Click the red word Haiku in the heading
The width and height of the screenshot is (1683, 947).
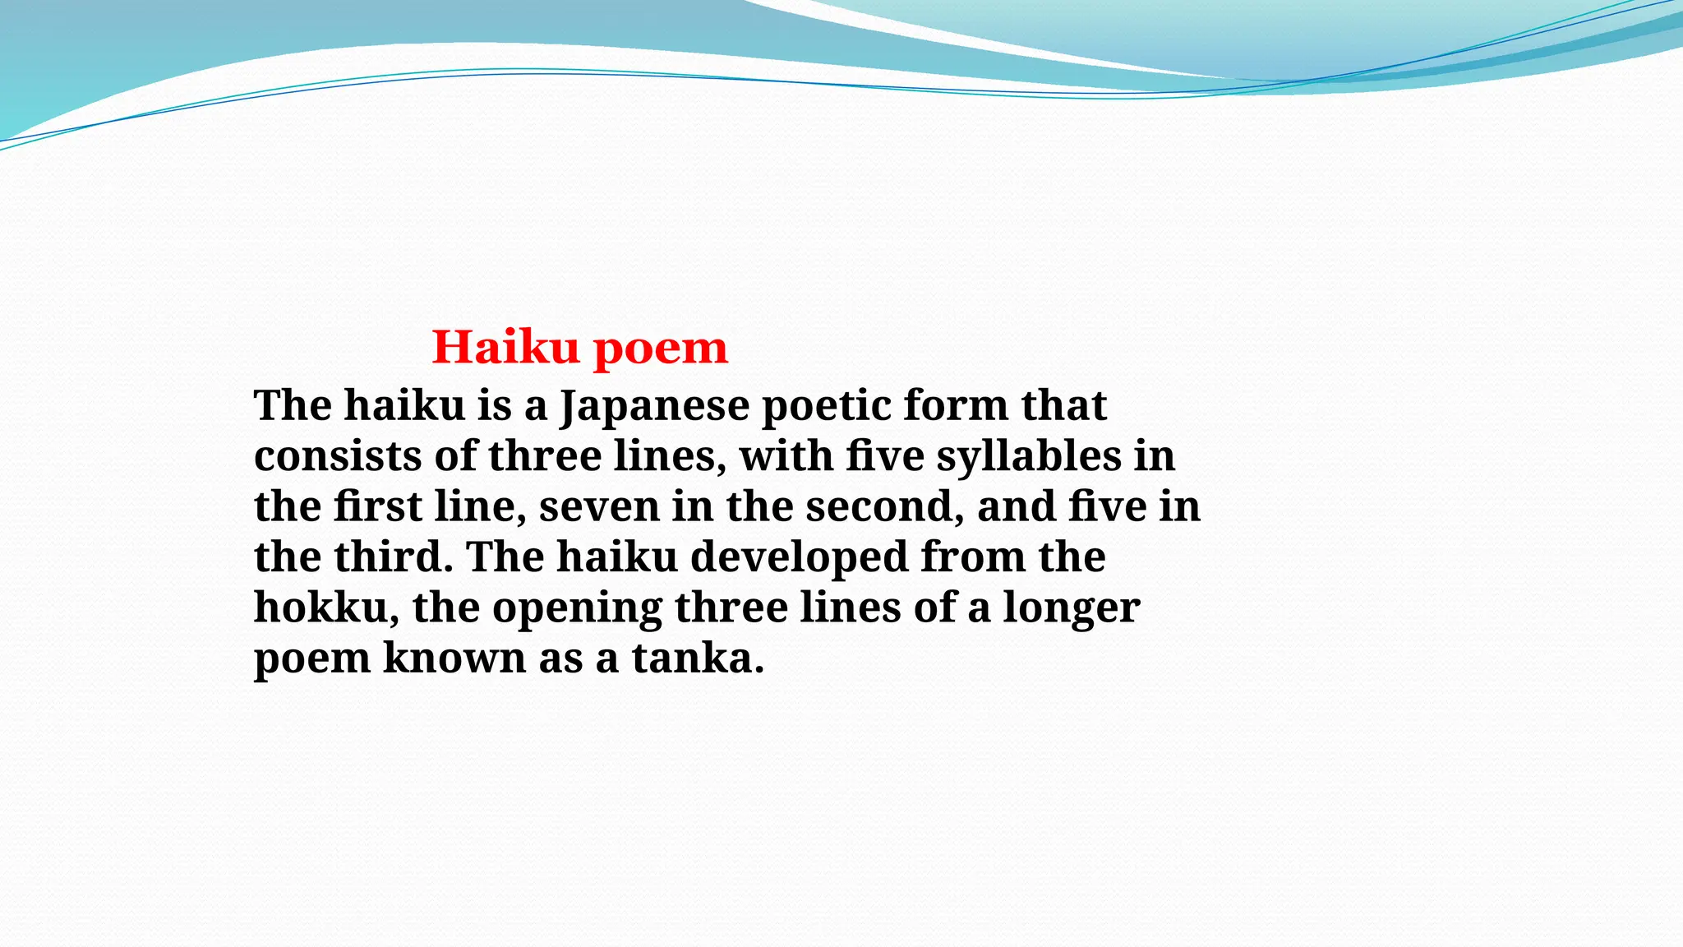pyautogui.click(x=505, y=347)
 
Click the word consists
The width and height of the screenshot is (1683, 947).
pyautogui.click(x=338, y=456)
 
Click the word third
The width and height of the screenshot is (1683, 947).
pyautogui.click(x=394, y=557)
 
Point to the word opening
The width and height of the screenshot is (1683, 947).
pyautogui.click(x=577, y=609)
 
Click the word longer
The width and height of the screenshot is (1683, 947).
pyautogui.click(x=1071, y=609)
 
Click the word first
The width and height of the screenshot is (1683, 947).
pyautogui.click(x=377, y=506)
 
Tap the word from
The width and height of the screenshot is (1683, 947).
pyautogui.click(x=972, y=557)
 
